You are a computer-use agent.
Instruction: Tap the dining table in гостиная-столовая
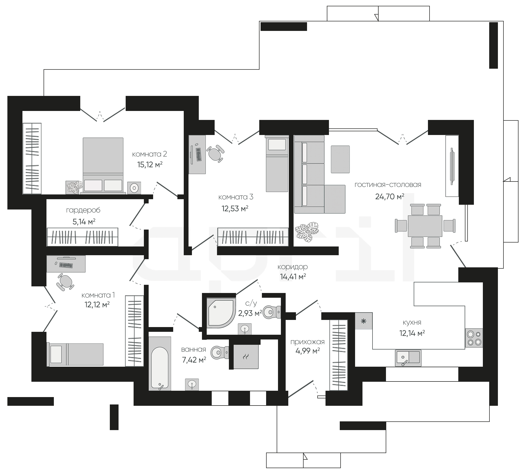(x=425, y=226)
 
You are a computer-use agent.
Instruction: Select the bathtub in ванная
(x=160, y=363)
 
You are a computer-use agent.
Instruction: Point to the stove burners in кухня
(x=474, y=338)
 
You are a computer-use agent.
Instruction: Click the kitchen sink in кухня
(x=408, y=358)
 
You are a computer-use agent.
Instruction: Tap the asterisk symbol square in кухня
(x=364, y=321)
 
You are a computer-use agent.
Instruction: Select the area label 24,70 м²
(x=390, y=197)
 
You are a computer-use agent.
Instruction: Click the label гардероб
(x=83, y=211)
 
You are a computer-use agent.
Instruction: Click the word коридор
(x=293, y=267)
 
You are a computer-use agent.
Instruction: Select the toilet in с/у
(x=272, y=312)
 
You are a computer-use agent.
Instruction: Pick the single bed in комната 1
(x=75, y=354)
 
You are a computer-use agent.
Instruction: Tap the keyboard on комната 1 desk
(x=66, y=265)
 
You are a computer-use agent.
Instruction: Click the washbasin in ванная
(x=192, y=384)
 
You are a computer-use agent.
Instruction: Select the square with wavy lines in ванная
(x=246, y=357)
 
